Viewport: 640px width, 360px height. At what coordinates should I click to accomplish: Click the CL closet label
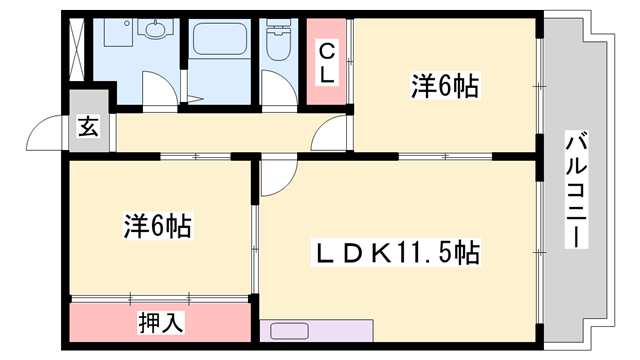click(x=327, y=63)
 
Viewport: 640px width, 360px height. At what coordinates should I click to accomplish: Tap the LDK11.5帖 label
click(x=396, y=253)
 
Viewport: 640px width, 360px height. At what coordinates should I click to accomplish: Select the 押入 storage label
click(x=160, y=322)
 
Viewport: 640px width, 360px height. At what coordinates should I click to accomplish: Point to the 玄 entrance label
click(x=89, y=127)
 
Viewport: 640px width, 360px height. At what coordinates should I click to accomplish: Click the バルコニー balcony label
click(x=576, y=189)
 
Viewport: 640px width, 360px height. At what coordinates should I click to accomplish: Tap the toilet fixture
click(x=278, y=40)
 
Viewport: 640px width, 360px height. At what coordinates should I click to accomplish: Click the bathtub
click(x=220, y=39)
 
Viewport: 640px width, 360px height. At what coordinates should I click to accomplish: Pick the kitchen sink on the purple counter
click(x=289, y=331)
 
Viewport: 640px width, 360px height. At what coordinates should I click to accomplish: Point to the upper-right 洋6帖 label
click(x=445, y=86)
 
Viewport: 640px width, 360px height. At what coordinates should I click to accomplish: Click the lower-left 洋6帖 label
click(x=158, y=226)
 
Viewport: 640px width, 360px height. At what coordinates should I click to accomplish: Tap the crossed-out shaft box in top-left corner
click(x=77, y=49)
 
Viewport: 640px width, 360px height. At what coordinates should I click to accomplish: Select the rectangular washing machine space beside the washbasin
click(x=119, y=32)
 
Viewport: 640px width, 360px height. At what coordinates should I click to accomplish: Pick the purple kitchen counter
click(x=317, y=331)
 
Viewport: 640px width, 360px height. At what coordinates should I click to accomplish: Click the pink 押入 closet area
click(x=160, y=322)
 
